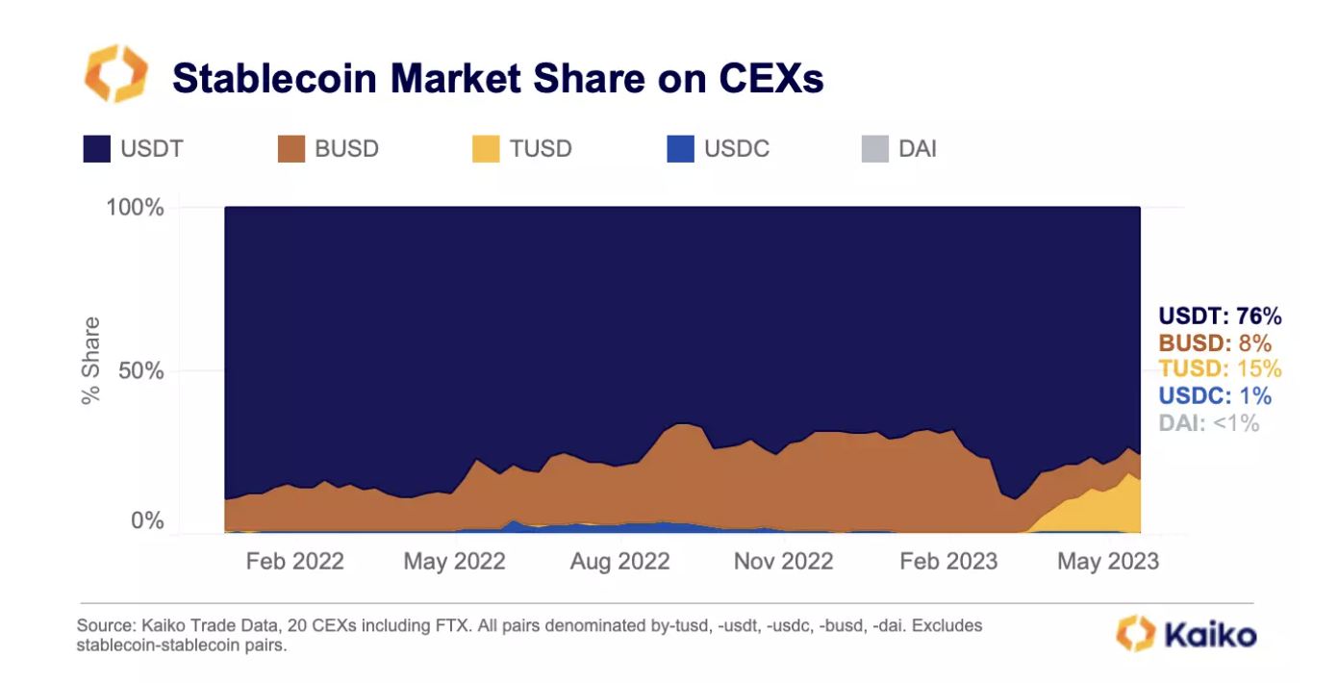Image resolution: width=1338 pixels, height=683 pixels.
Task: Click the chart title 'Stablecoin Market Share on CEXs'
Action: click(497, 78)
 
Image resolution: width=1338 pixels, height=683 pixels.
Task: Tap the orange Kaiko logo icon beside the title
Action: click(115, 73)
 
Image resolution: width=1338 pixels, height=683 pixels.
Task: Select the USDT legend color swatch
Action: click(97, 149)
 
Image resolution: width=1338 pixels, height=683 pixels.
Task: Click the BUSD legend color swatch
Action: click(291, 149)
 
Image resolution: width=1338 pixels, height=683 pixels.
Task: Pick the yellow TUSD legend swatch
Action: click(486, 149)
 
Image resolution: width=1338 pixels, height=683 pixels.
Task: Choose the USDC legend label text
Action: click(737, 149)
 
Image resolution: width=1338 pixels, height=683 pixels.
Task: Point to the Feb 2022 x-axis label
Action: click(294, 561)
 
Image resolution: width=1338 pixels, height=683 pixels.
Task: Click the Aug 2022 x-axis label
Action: click(619, 561)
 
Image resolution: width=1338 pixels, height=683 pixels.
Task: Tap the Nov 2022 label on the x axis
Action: click(783, 561)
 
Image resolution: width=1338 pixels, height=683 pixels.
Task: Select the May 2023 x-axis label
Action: click(1108, 561)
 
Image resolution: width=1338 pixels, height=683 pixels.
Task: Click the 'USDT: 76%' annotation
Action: click(1220, 316)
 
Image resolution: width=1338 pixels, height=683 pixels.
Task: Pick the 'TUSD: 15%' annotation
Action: click(1220, 369)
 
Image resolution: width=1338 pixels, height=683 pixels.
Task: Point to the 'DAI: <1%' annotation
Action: click(1208, 422)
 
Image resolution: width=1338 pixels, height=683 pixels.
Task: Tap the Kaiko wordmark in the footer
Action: click(1210, 635)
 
